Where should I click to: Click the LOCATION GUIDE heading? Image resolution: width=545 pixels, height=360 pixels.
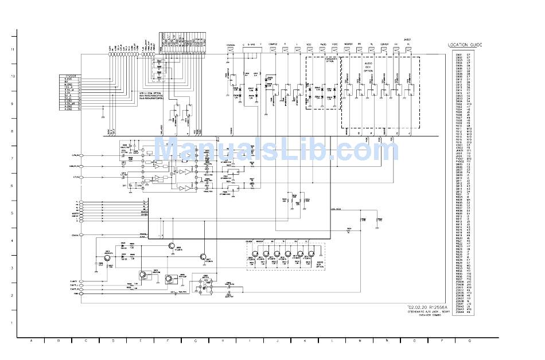[465, 45]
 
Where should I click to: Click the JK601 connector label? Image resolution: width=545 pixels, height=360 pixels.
[408, 39]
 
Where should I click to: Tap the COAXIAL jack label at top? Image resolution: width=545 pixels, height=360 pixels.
[231, 44]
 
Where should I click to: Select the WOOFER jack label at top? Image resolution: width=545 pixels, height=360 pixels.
[348, 44]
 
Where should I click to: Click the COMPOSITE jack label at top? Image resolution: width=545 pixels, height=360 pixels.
[272, 44]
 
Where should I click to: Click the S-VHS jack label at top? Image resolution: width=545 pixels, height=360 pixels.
[251, 44]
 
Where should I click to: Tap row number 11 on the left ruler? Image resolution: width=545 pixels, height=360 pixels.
[13, 49]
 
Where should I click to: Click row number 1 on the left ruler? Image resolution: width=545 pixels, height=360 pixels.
[13, 322]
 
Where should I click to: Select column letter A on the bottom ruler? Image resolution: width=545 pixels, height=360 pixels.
[31, 341]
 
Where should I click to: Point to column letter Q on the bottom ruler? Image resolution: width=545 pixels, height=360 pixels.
[469, 341]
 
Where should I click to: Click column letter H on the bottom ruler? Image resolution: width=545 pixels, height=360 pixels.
[223, 341]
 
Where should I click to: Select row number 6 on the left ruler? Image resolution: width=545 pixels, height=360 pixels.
[13, 186]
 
